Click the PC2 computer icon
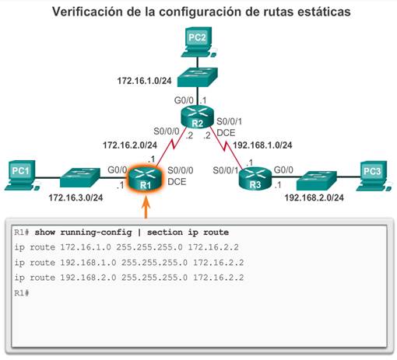click(x=198, y=42)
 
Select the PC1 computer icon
click(x=22, y=176)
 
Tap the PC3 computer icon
click(x=374, y=177)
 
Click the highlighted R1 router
click(x=146, y=179)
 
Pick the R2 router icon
click(x=197, y=117)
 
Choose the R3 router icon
click(x=255, y=178)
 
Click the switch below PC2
click(x=198, y=77)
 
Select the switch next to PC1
click(x=80, y=177)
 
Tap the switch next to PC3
click(x=317, y=180)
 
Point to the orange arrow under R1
click(x=146, y=208)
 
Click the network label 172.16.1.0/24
click(x=144, y=81)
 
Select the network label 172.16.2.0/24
click(x=130, y=145)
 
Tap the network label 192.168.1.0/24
click(x=262, y=145)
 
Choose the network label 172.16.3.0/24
click(x=76, y=197)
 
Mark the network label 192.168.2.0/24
click(x=314, y=197)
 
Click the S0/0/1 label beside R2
click(x=229, y=121)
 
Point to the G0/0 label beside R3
click(x=283, y=170)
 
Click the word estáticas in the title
click(x=324, y=12)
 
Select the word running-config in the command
click(x=96, y=232)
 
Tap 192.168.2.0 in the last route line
click(x=88, y=278)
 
